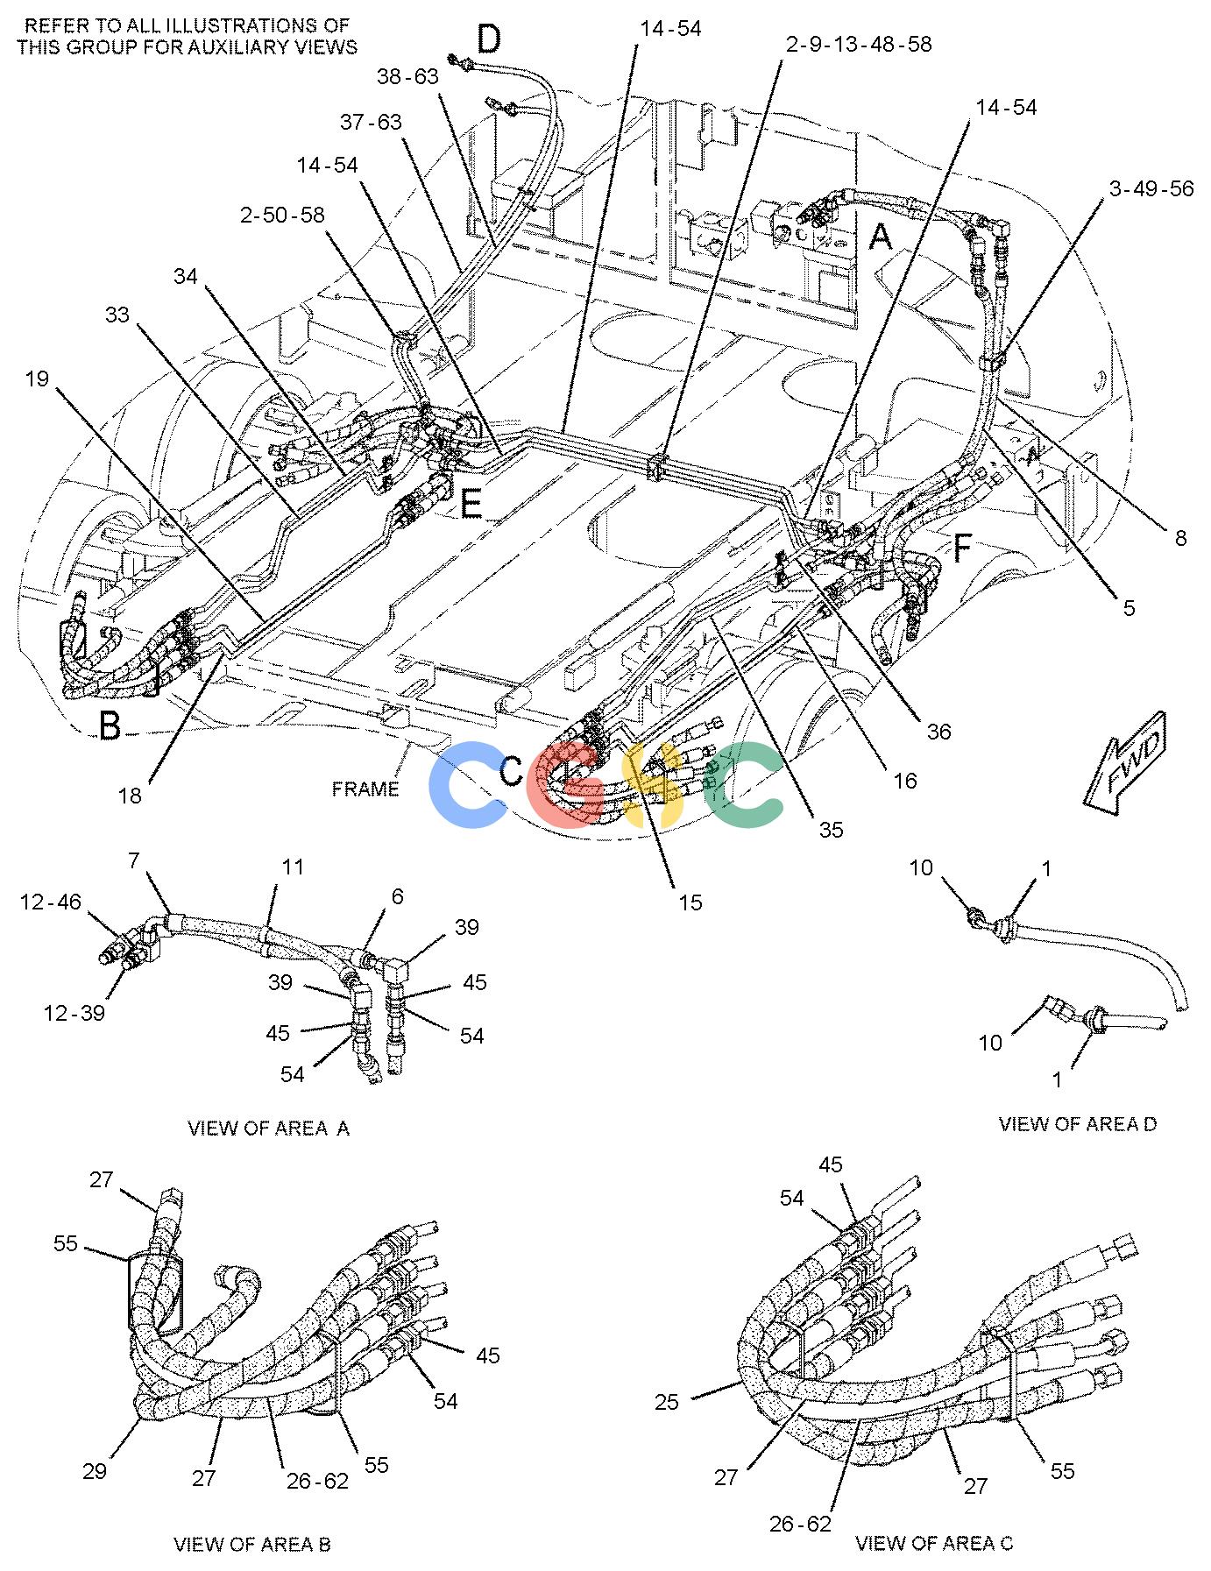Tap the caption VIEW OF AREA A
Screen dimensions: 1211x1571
268,1128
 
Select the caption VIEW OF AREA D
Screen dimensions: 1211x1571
1077,1123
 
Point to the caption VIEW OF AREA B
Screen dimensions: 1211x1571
252,1544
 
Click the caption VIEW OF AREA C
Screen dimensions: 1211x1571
934,1543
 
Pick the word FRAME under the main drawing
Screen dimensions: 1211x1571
365,789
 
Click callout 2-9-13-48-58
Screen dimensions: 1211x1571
858,44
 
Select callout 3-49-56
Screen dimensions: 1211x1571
1151,188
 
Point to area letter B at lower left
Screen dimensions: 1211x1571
110,726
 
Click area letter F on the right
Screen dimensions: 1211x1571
961,550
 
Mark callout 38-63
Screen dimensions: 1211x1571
407,77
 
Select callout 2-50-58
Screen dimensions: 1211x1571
282,215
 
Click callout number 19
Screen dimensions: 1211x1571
37,379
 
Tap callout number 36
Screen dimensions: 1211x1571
938,731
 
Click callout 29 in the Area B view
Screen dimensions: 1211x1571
95,1470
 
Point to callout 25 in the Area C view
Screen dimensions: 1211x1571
667,1403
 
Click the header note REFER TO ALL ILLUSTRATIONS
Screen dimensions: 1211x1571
188,36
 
